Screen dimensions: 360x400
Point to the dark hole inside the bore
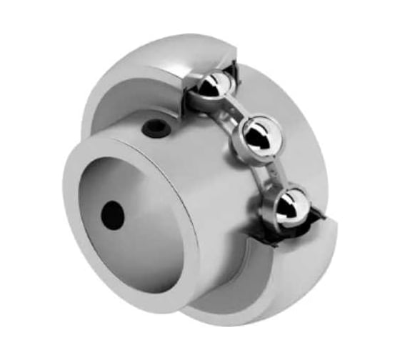click(x=112, y=214)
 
